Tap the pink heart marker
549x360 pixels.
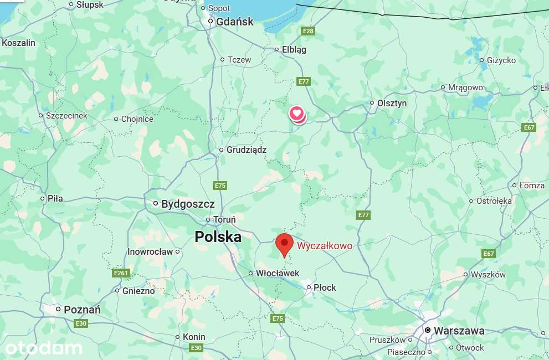tap(296, 114)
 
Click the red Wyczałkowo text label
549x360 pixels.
tap(325, 246)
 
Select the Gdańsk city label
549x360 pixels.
tap(234, 22)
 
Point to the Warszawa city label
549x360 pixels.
tap(459, 331)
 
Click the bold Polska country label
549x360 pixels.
tap(218, 237)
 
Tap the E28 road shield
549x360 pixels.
tap(308, 31)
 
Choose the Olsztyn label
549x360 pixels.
tap(392, 103)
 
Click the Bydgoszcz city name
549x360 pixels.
tap(188, 204)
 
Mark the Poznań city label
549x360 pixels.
tap(82, 310)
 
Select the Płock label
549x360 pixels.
tap(325, 287)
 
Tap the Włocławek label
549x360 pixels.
tap(277, 273)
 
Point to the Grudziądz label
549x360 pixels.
tap(246, 150)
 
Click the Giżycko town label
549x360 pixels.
tap(501, 60)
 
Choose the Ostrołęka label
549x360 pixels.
tap(494, 201)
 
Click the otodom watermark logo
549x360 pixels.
tap(43, 348)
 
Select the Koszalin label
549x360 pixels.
tap(19, 43)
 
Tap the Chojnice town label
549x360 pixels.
tap(137, 119)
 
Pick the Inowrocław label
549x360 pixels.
tap(150, 251)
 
